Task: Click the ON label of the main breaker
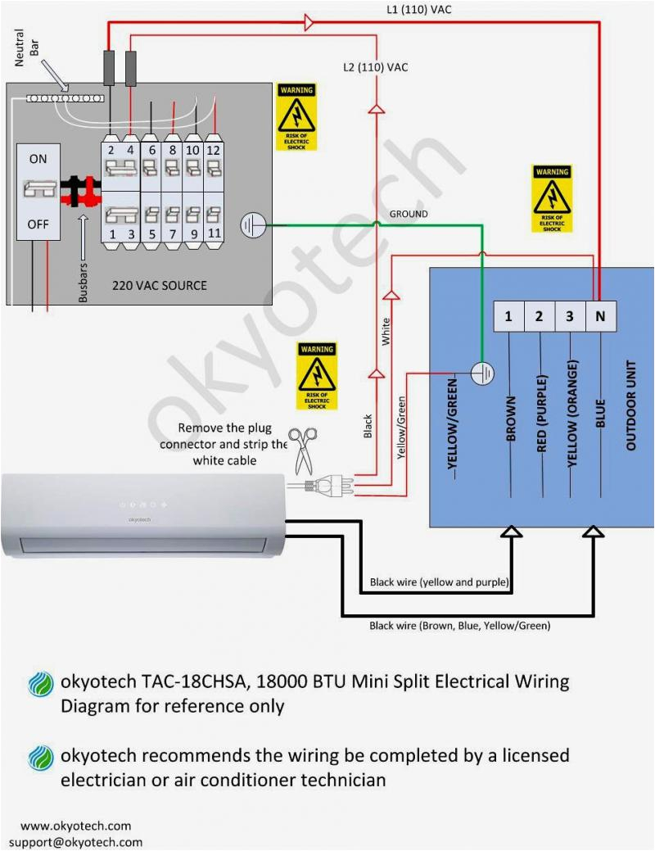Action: tap(38, 158)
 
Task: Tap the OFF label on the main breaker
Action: tap(38, 223)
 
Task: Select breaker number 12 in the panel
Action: tap(212, 150)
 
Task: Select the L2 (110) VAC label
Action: tap(375, 67)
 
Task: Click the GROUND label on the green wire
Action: tap(408, 214)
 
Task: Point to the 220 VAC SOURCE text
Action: tap(160, 286)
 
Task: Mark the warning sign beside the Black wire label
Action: tap(316, 376)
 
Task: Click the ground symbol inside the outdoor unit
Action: tap(484, 373)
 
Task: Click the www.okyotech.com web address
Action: tap(75, 826)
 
